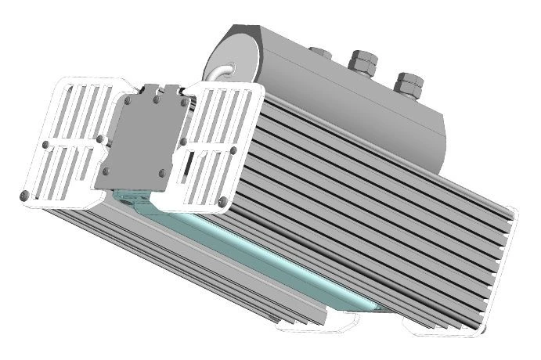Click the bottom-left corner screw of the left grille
point(25,193)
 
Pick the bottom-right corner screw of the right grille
point(223,203)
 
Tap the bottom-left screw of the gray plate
point(105,171)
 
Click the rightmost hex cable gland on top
point(409,84)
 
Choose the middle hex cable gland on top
point(362,62)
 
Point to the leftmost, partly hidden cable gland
point(319,52)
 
